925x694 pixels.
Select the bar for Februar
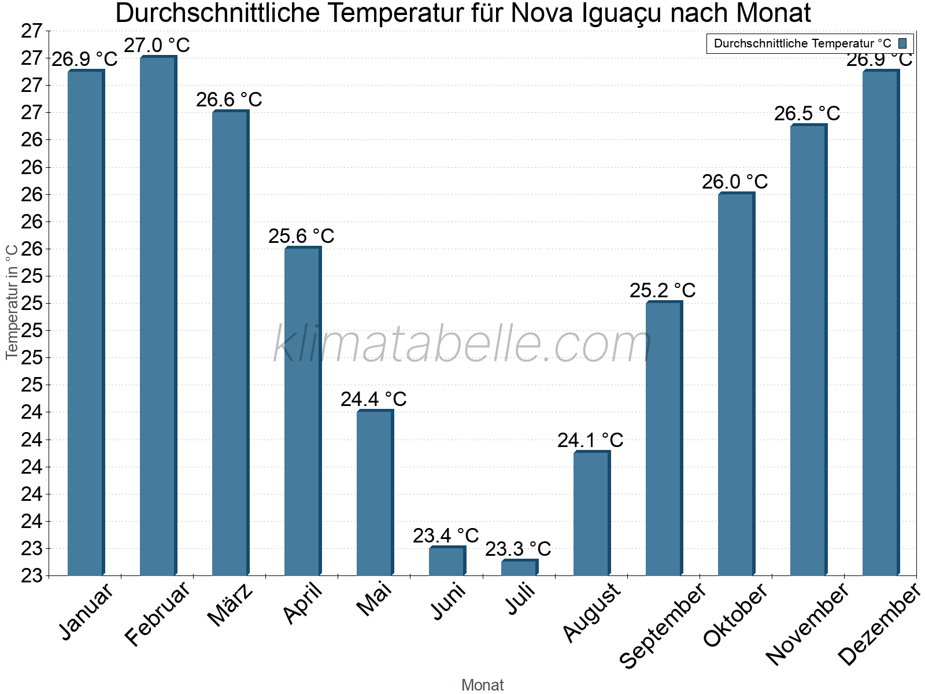pos(157,315)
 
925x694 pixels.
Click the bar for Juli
pos(519,568)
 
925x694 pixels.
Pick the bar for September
pos(663,438)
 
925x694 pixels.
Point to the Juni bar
pos(446,561)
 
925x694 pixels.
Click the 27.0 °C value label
pos(157,45)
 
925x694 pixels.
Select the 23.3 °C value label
pos(518,549)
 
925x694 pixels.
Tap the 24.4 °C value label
pos(373,399)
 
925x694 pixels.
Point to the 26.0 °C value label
pos(735,182)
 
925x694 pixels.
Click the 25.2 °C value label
pos(663,290)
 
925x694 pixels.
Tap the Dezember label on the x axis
pos(879,625)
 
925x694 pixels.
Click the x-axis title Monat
pos(483,685)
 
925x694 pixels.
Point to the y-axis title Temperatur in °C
pos(12,302)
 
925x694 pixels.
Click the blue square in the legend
pos(902,43)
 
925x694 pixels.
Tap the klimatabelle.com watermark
pos(462,345)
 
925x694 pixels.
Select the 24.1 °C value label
pos(590,440)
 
